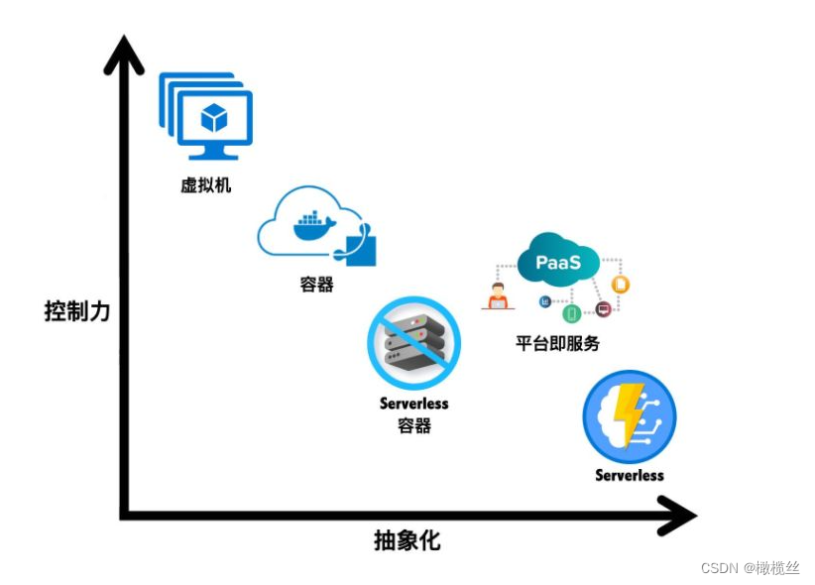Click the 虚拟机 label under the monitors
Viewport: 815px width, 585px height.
(x=205, y=184)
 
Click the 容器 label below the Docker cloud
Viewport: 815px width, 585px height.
(x=316, y=285)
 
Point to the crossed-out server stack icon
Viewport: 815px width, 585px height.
(x=414, y=341)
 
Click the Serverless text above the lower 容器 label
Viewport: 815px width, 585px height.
(x=414, y=404)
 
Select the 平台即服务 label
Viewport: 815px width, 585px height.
(x=557, y=344)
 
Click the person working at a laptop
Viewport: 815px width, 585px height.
(x=497, y=296)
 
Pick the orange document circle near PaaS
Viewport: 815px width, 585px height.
(x=622, y=285)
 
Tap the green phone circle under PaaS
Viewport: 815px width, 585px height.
(x=571, y=314)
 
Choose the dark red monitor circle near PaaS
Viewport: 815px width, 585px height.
(x=603, y=310)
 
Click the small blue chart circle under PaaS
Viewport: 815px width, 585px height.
(x=544, y=301)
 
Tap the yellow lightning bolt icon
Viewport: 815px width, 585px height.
(x=626, y=415)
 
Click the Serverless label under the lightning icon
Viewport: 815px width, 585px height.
(x=630, y=475)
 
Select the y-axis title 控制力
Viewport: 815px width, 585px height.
(x=77, y=310)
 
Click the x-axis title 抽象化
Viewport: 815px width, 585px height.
(x=407, y=540)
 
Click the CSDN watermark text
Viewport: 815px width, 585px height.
(x=749, y=568)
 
